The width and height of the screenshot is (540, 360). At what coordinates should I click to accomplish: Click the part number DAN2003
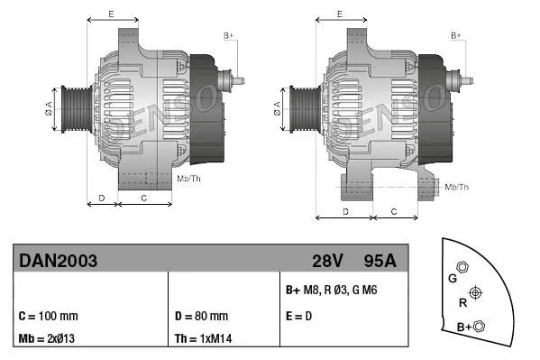pos(58,261)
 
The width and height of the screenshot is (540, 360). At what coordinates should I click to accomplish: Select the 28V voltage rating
pos(328,261)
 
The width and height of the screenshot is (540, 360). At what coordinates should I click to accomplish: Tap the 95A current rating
pos(379,261)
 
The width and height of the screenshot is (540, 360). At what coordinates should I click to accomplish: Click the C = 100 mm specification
pos(48,317)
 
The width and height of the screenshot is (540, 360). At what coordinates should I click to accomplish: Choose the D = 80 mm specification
pos(200,317)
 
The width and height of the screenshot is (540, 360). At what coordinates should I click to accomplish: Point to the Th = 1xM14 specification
pos(203,339)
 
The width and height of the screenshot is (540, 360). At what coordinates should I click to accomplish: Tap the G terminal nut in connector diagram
pos(462,267)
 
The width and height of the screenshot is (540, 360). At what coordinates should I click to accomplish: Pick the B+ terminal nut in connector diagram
pos(479,326)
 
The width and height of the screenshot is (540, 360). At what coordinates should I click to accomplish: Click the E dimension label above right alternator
pos(340,14)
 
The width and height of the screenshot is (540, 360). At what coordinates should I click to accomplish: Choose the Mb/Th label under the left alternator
pos(188,180)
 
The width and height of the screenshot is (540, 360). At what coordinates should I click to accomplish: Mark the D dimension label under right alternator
pos(345,210)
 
